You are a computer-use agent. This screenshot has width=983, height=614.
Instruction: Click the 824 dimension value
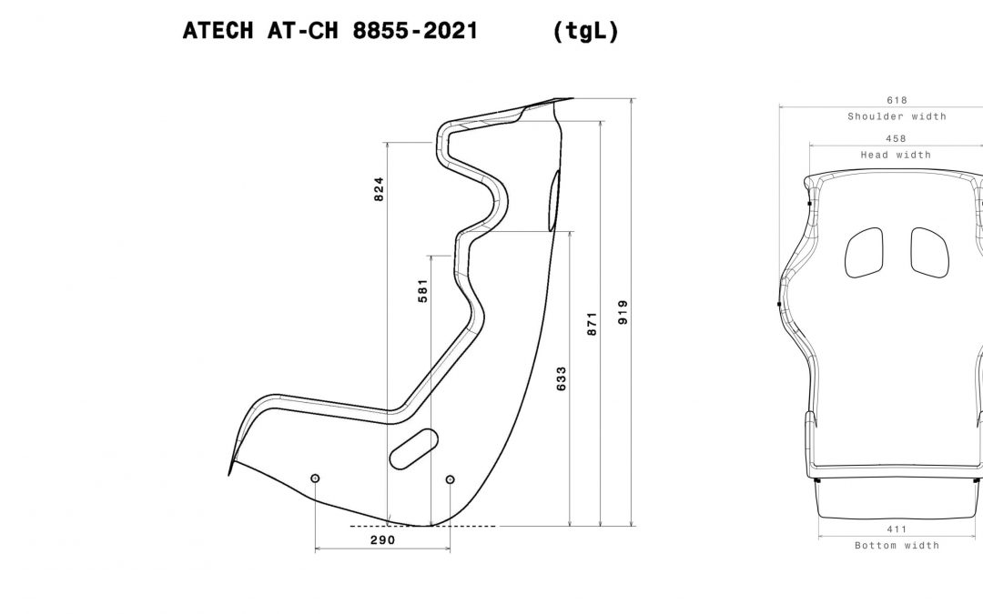coord(380,188)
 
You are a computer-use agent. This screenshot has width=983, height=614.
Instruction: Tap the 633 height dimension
coord(561,377)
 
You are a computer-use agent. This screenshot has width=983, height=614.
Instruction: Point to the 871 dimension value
coord(592,325)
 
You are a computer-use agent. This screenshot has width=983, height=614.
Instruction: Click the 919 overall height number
coord(623,312)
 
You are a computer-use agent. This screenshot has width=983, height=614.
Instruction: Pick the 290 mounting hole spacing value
coord(382,540)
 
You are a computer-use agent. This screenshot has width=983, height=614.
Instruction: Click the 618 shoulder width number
coord(897,100)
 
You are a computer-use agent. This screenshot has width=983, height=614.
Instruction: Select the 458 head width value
coord(897,139)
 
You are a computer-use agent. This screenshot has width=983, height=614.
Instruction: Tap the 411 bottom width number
coord(897,528)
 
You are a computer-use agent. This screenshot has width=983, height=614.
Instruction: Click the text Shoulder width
coord(897,116)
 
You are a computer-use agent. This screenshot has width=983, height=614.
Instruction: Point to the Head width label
coord(897,156)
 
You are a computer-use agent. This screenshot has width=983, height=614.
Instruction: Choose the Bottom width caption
coord(897,546)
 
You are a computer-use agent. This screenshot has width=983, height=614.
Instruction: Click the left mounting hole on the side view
coord(315,478)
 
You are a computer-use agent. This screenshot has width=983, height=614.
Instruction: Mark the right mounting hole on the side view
coord(450,478)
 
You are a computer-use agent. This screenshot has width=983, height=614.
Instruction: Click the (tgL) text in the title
coord(585,31)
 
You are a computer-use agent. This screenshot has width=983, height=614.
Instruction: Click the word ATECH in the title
coord(216,31)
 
